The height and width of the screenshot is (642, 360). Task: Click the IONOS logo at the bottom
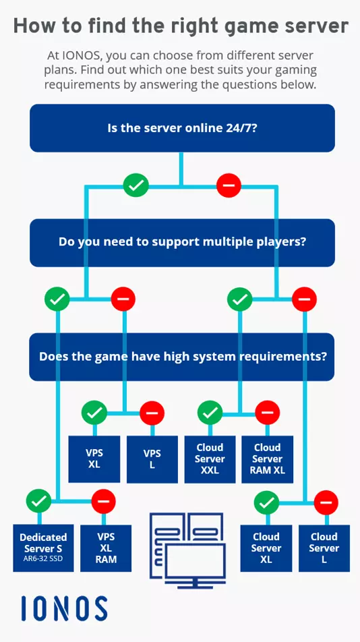click(64, 608)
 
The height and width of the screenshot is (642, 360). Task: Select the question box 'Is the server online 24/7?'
click(182, 128)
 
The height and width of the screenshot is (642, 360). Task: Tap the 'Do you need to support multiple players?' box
click(182, 242)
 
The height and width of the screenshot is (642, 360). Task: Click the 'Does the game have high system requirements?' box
click(182, 357)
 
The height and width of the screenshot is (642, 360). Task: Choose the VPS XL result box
click(94, 459)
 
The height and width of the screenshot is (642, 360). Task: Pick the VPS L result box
click(152, 459)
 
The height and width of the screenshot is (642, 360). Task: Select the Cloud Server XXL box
click(210, 459)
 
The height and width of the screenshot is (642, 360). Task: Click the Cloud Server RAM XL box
click(268, 459)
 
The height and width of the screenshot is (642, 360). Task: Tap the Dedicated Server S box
click(43, 547)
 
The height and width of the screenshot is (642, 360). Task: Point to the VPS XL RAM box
click(106, 547)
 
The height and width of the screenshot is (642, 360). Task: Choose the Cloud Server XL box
click(266, 547)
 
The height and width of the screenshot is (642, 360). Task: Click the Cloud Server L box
click(324, 547)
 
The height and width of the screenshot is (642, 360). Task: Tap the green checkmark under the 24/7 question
click(136, 185)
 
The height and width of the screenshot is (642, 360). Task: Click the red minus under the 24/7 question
click(229, 185)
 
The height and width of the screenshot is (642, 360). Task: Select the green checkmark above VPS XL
click(94, 411)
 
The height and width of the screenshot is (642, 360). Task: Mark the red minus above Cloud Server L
click(326, 502)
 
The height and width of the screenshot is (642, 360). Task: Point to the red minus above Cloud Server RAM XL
click(268, 411)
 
